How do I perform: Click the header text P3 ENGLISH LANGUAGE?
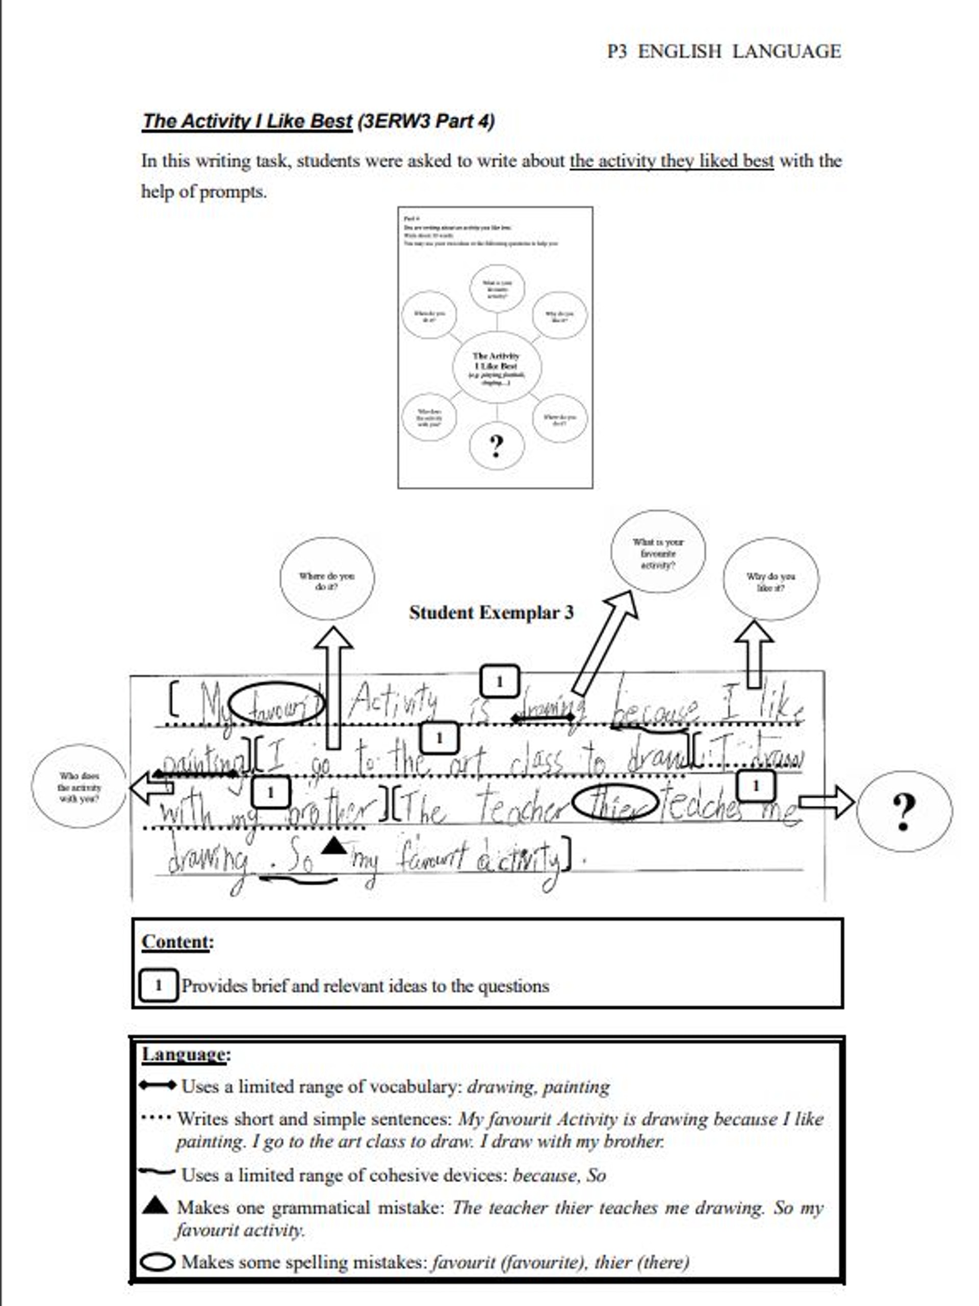(724, 51)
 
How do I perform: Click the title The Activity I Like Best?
(247, 121)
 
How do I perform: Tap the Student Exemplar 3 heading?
(491, 612)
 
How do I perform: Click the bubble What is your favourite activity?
(658, 552)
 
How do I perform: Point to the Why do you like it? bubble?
(770, 580)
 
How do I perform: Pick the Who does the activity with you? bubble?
(79, 787)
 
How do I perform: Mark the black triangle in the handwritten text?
(334, 846)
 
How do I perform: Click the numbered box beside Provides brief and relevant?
(158, 985)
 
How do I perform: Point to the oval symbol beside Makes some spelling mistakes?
(158, 1262)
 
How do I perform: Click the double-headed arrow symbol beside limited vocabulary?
(157, 1085)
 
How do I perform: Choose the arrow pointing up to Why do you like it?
(754, 654)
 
